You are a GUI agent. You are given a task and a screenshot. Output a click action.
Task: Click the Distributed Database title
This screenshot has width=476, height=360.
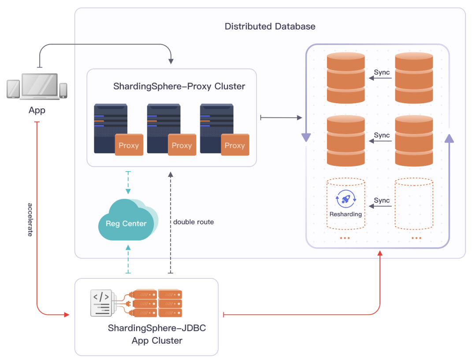pos(270,26)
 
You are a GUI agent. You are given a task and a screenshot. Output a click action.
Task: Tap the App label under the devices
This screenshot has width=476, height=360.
pos(37,110)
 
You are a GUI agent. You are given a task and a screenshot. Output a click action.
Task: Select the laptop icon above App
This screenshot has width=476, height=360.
pos(40,86)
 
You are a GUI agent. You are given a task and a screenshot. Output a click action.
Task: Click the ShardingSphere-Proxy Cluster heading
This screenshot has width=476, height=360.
pos(179,86)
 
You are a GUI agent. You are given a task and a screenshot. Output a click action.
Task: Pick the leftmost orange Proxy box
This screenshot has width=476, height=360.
pos(129,145)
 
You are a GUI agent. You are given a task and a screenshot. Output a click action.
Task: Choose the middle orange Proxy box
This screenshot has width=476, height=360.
pos(182,145)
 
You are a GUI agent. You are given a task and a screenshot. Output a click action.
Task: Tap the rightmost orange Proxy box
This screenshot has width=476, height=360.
pos(234,145)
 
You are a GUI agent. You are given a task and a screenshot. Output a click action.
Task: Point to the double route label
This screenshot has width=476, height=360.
pos(193,222)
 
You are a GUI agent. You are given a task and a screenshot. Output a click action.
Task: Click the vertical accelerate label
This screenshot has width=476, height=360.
pos(30,219)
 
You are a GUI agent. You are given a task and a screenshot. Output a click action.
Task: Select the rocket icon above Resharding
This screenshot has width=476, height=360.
pos(346,199)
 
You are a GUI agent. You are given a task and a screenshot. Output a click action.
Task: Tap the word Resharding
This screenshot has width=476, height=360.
pos(346,214)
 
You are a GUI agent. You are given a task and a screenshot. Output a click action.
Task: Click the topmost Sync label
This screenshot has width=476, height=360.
pos(382,72)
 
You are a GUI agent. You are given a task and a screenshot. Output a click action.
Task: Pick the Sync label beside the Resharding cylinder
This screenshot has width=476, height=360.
pos(382,200)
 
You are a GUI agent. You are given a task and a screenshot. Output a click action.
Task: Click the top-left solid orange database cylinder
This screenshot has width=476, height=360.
pos(346,78)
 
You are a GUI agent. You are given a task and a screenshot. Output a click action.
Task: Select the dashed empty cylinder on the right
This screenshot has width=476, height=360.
pos(414,204)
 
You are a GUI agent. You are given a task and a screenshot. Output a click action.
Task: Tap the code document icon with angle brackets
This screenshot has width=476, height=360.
pos(101,303)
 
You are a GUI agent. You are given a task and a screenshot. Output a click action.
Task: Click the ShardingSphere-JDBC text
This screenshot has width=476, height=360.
pos(157,328)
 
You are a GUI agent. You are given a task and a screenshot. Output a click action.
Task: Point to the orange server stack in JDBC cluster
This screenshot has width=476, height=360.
pos(157,303)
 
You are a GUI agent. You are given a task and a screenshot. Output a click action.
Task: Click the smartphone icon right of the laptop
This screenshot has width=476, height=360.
pos(63,90)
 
